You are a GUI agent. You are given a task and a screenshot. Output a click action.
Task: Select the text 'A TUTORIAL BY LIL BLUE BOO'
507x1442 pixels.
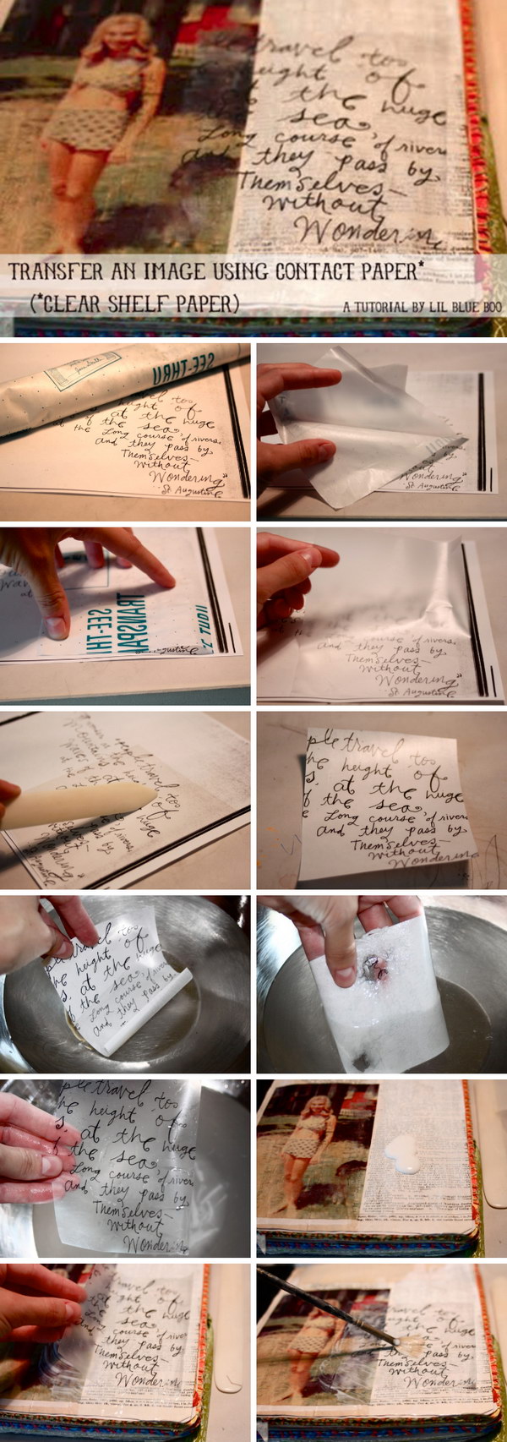(x=422, y=308)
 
